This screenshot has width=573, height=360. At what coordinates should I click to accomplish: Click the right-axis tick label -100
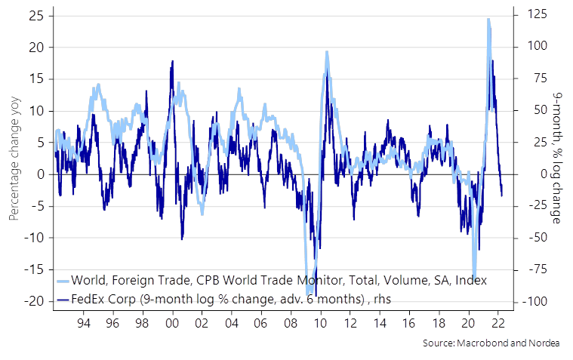click(533, 302)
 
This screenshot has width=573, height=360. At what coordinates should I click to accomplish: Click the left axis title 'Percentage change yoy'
click(14, 158)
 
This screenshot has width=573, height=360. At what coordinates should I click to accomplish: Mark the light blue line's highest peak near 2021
click(488, 20)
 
